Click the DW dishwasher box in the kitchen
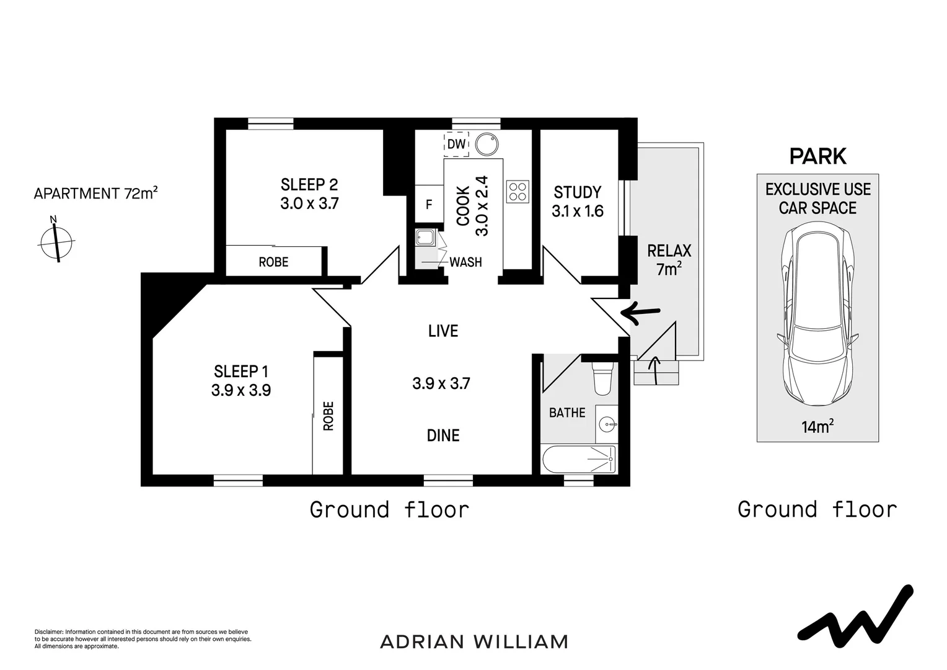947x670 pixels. pos(456,144)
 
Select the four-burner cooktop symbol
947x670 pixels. pos(518,191)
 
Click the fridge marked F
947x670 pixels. pos(428,204)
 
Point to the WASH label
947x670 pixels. pos(465,262)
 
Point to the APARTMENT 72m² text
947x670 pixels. pos(95,194)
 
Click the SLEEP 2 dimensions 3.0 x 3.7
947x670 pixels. pos(309,203)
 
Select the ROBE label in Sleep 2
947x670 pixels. pos(273,262)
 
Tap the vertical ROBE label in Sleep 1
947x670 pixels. pos(328,416)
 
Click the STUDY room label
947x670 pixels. pos(578,192)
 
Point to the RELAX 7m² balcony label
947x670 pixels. pos(669,260)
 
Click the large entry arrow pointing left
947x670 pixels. pos(645,315)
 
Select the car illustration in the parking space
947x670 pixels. pos(817,315)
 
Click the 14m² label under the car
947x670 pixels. pos(817,427)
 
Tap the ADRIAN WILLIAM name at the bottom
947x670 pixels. pos(474,641)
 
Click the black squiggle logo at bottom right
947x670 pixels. pos(855,615)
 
